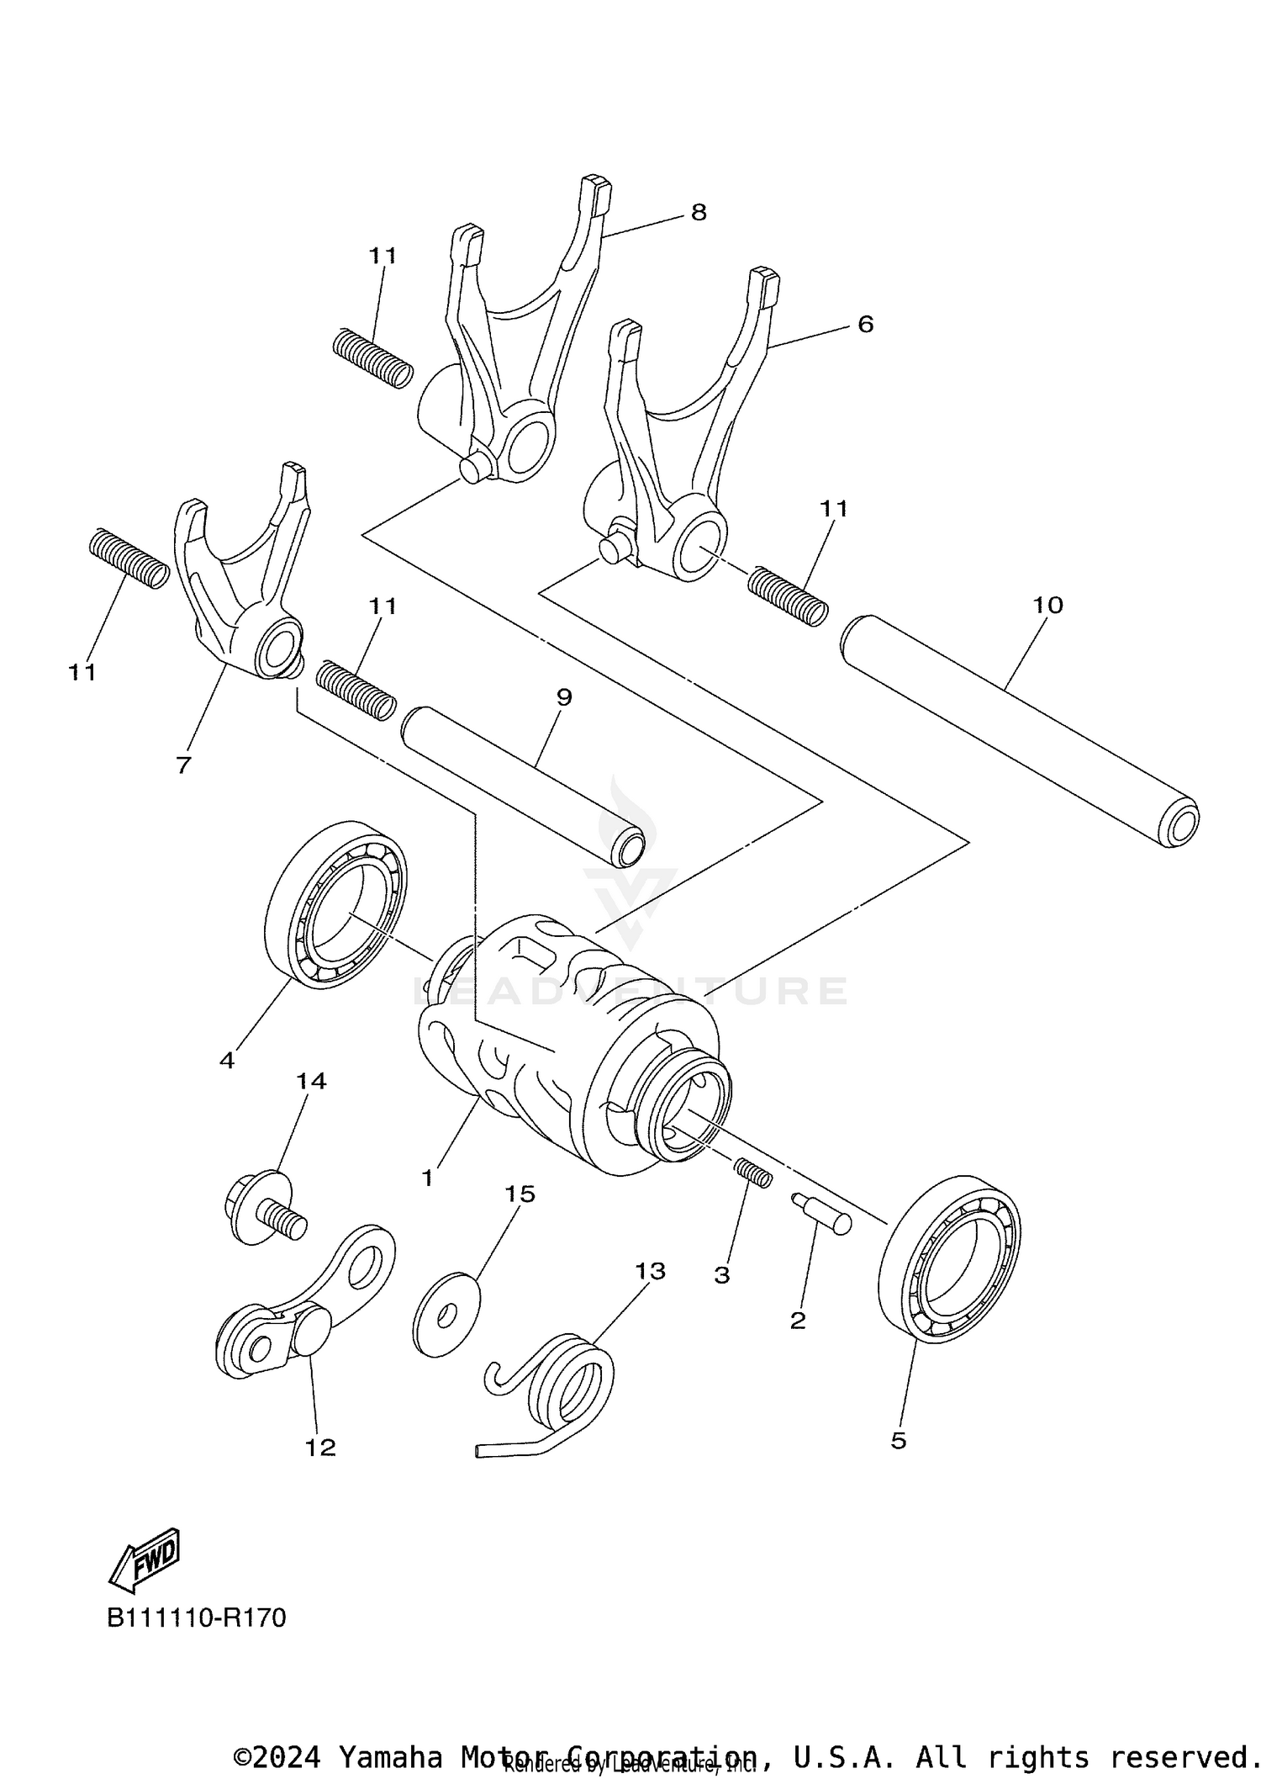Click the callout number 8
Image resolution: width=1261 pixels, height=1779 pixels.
pos(699,212)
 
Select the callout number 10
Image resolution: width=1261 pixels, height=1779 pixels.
pos(1047,605)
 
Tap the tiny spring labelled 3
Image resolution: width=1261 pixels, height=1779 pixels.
pos(753,1173)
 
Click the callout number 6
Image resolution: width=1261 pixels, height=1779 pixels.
pos(865,324)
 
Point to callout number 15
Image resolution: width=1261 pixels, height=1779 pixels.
pos(520,1194)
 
